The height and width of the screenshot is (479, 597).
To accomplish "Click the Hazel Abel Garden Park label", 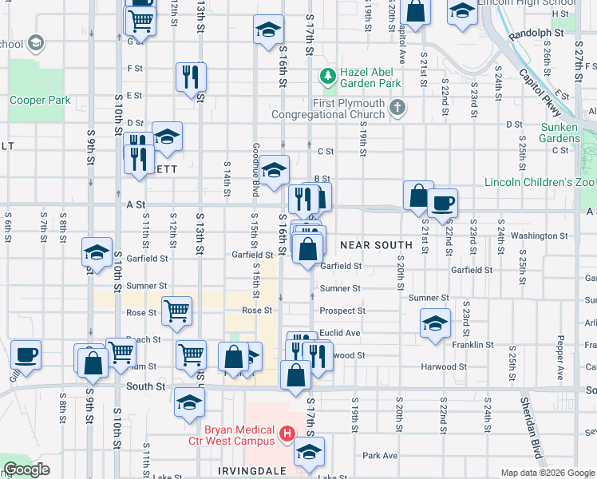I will (370, 77).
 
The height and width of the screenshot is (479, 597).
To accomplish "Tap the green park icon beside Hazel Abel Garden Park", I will (327, 77).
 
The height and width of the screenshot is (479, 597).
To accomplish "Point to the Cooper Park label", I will (40, 101).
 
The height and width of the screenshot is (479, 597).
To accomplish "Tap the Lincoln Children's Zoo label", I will (540, 182).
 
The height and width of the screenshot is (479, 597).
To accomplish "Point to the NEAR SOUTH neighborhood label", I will (376, 244).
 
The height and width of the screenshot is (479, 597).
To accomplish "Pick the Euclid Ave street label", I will (340, 333).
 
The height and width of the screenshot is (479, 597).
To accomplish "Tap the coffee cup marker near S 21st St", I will (442, 203).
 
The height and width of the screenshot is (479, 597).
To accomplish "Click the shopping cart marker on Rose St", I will (176, 311).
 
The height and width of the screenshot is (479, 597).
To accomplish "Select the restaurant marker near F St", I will (191, 77).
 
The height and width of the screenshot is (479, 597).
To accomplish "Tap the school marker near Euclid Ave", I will (434, 323).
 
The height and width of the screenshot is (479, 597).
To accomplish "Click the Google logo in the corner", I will (26, 470).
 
